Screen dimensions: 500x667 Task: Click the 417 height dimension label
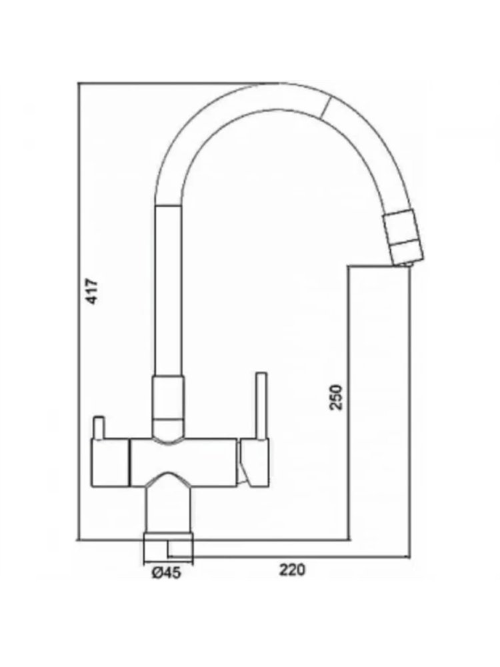click(x=92, y=291)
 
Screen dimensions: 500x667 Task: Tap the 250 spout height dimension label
click(x=336, y=396)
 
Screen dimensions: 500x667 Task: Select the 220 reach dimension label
click(x=292, y=569)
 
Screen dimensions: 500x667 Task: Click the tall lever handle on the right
click(x=261, y=406)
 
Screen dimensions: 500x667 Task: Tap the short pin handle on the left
click(x=99, y=428)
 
